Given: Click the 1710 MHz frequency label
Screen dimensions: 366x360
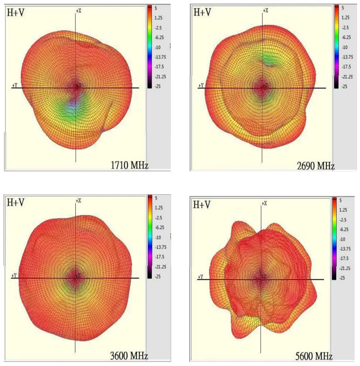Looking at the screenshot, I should coord(129,166).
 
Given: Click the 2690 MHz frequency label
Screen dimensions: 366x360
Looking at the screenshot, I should coord(316,166).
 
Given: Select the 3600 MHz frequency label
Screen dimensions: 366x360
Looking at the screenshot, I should coord(129,355).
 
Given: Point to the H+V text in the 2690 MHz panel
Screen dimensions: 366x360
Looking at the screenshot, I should coord(202,12).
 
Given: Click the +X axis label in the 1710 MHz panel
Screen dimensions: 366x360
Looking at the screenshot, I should coord(78,10).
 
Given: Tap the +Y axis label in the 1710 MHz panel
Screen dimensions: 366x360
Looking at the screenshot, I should coord(14,85).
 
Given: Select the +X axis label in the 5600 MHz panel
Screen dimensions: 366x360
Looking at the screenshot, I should coord(265,203).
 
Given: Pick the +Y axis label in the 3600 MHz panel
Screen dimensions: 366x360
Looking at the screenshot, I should coord(14,276).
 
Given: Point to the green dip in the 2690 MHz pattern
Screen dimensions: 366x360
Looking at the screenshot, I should coord(271,60).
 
